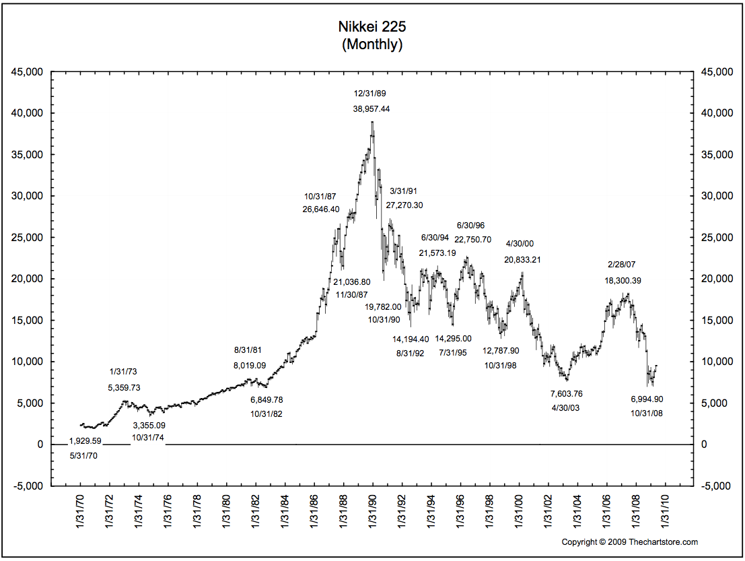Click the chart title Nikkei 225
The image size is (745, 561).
372,28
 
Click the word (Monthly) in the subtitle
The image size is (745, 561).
372,45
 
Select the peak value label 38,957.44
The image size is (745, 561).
371,108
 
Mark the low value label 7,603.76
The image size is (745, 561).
566,393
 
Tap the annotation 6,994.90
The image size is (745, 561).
647,399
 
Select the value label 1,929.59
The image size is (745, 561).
85,441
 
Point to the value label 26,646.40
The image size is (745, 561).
321,209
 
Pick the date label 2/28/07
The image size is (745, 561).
623,265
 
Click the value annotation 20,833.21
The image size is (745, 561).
523,259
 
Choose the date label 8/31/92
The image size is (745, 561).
410,353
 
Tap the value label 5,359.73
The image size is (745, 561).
125,387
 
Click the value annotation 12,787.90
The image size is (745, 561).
501,350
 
